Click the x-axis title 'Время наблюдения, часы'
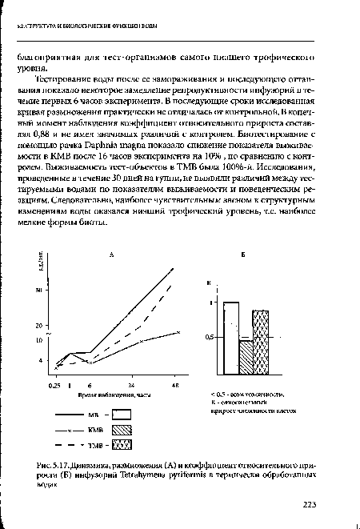point(110,395)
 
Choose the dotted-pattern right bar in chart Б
point(260,343)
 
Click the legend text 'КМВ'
point(96,430)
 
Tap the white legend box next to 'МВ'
point(121,415)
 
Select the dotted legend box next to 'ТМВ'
point(121,446)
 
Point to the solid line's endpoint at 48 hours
point(173,269)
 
